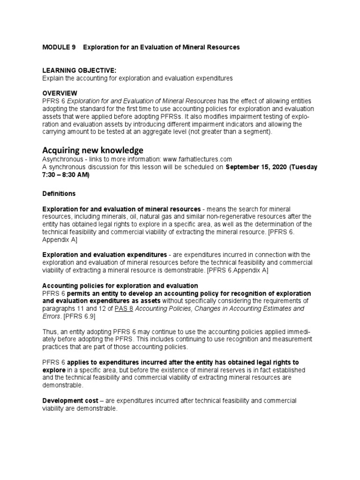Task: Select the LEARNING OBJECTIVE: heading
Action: (76, 70)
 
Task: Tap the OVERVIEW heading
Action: (60, 93)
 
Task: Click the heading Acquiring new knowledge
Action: (93, 150)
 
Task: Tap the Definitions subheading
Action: (59, 194)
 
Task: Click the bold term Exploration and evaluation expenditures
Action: (105, 255)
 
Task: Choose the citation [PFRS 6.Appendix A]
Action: (234, 270)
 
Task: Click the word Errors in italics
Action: (51, 316)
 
